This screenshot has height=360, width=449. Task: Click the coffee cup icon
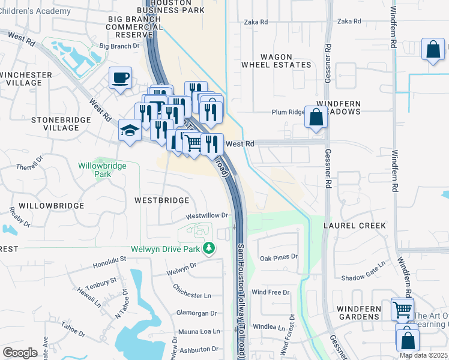click(x=121, y=77)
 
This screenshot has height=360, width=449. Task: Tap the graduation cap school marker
click(x=130, y=130)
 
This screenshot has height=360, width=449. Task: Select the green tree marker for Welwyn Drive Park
click(x=209, y=247)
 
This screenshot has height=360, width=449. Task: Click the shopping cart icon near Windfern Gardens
click(x=402, y=310)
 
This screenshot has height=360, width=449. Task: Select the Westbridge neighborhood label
click(x=161, y=200)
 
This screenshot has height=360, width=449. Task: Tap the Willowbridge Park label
click(x=103, y=170)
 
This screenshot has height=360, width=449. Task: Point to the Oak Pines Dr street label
click(x=279, y=257)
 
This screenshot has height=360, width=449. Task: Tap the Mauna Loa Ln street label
click(x=199, y=331)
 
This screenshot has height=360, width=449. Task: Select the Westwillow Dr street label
click(x=208, y=215)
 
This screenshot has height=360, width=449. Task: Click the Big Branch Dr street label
click(x=119, y=46)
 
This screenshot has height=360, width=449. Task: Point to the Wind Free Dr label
click(x=271, y=292)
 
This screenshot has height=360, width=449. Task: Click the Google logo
click(x=20, y=353)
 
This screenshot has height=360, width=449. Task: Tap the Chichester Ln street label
click(x=191, y=296)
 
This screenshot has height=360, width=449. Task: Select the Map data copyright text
click(x=423, y=355)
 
